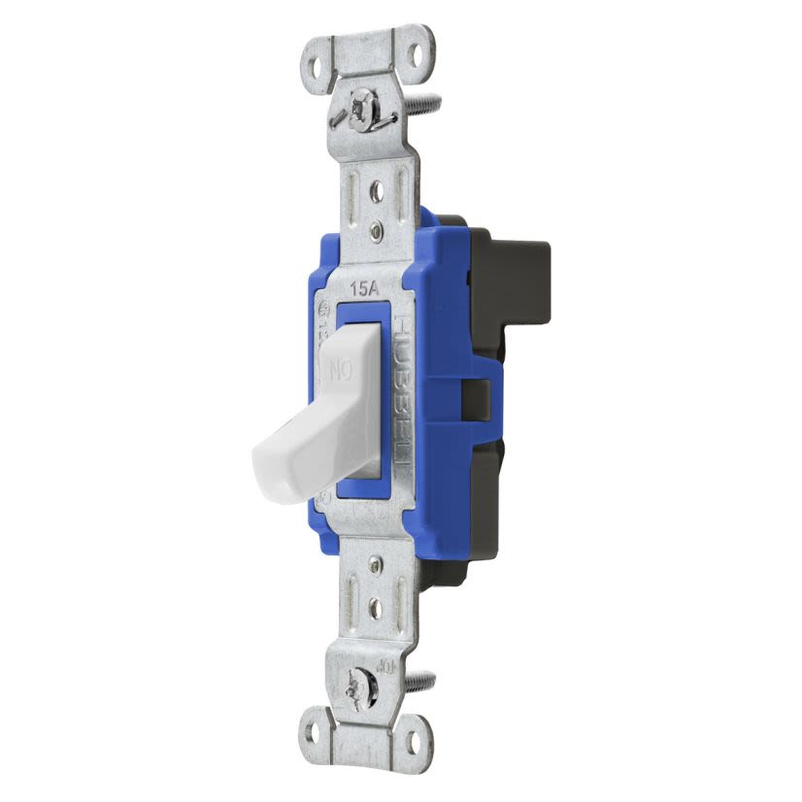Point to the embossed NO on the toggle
341,369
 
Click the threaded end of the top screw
428,100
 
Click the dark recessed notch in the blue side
478,396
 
